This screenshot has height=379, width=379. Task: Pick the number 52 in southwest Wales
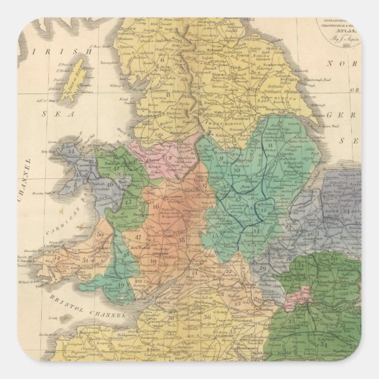(56, 257)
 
